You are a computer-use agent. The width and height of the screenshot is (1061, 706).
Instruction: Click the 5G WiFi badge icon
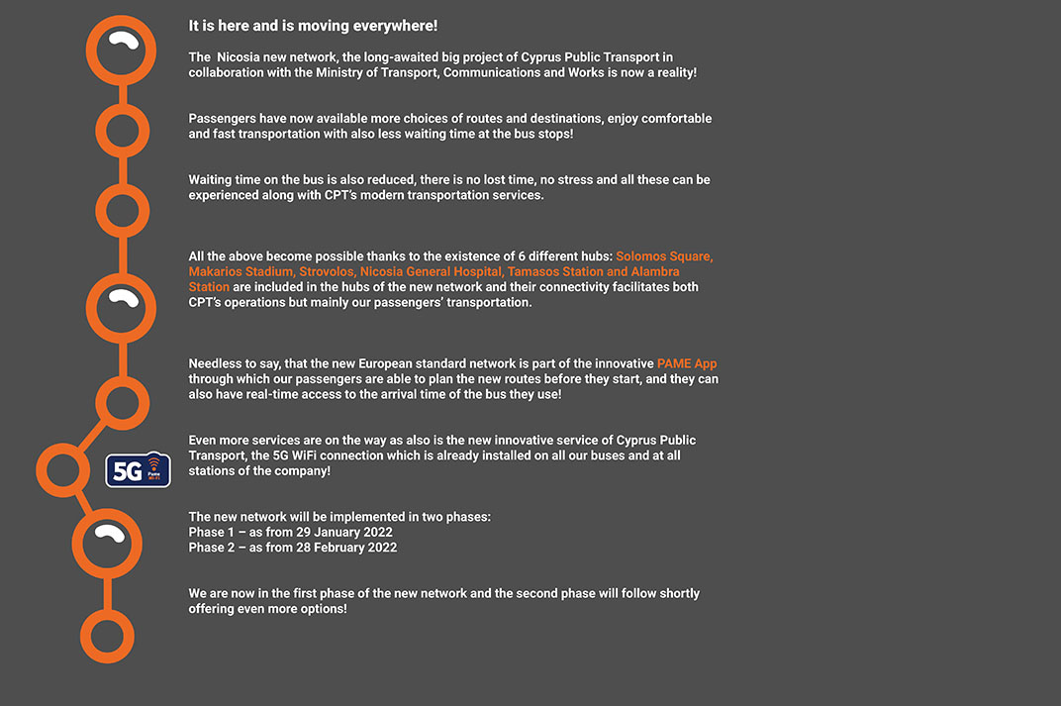point(139,470)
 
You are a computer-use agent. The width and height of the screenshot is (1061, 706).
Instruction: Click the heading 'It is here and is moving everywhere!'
point(313,26)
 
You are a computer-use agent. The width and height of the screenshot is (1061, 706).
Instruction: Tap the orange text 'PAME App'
point(687,363)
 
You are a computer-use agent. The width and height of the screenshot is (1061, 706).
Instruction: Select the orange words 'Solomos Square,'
point(664,256)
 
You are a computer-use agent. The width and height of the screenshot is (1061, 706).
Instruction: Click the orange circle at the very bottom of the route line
point(107,636)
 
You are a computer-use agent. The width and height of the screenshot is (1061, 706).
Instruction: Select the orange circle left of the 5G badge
point(62,470)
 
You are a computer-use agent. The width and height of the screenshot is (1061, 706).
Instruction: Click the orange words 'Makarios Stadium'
point(241,271)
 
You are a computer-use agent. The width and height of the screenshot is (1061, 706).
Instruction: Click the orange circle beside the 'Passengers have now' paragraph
point(122,131)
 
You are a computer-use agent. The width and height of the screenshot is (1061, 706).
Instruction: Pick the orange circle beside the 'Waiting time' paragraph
point(122,210)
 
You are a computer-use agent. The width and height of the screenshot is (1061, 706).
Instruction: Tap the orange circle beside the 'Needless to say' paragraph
point(122,403)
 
